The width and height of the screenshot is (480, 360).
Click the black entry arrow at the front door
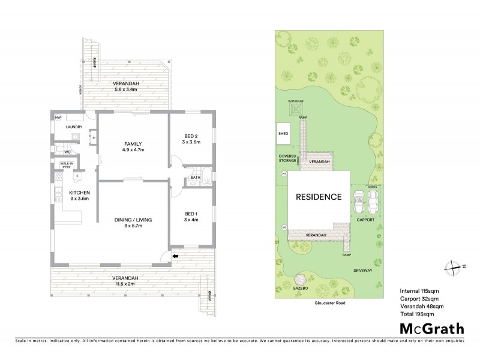pyautogui.click(x=175, y=256)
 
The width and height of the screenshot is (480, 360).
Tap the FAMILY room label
pyautogui.click(x=133, y=144)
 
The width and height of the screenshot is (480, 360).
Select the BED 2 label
pyautogui.click(x=192, y=138)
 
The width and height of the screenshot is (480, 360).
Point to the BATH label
pyautogui.click(x=196, y=178)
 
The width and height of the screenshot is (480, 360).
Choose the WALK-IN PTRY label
pyautogui.click(x=66, y=165)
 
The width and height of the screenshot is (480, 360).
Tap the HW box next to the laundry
pyautogui.click(x=58, y=118)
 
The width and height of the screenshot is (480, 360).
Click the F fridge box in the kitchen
pyautogui.click(x=77, y=176)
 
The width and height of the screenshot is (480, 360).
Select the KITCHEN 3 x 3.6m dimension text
pyautogui.click(x=79, y=197)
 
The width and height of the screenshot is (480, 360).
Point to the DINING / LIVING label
pyautogui.click(x=133, y=220)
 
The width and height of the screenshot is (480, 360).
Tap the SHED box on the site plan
pyautogui.click(x=283, y=134)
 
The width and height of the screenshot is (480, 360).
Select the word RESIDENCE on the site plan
pyautogui.click(x=318, y=197)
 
